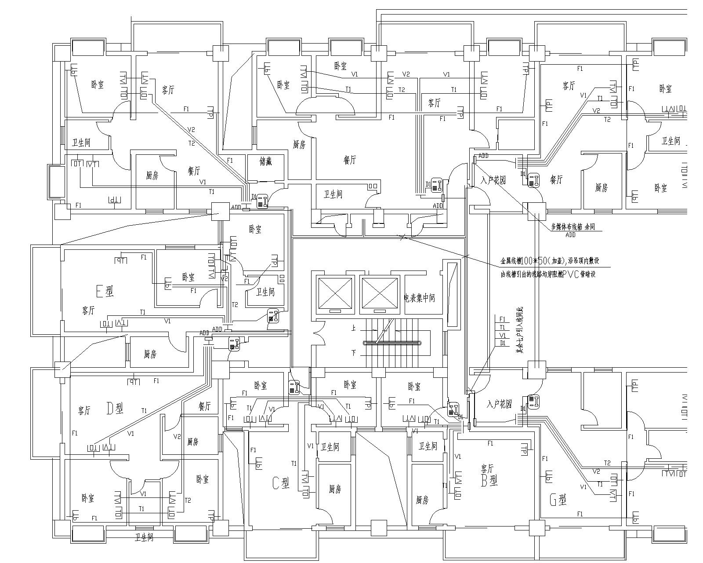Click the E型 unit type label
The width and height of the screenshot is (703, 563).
pos(105,291)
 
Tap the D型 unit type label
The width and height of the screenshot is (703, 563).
pos(115,408)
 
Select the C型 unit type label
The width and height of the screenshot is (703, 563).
pos(281,484)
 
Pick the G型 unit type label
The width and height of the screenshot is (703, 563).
pos(558,500)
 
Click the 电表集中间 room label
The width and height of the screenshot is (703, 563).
pos(419,298)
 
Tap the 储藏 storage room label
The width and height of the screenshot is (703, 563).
pos(266,161)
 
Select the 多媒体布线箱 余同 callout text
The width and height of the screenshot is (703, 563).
pos(576,227)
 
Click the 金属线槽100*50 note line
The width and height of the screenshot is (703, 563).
pos(549,260)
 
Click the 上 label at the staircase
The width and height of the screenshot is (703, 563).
pos(353,328)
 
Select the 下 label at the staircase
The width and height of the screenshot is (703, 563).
pos(353,353)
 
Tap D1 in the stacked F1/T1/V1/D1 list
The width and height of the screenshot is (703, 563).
pos(503,343)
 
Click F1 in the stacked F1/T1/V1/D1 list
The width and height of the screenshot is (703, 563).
pos(503,319)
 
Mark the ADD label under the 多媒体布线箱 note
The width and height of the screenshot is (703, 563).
pos(570,235)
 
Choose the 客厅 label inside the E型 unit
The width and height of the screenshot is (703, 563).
pos(88,310)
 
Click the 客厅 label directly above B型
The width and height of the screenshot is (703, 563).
pos(487,467)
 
